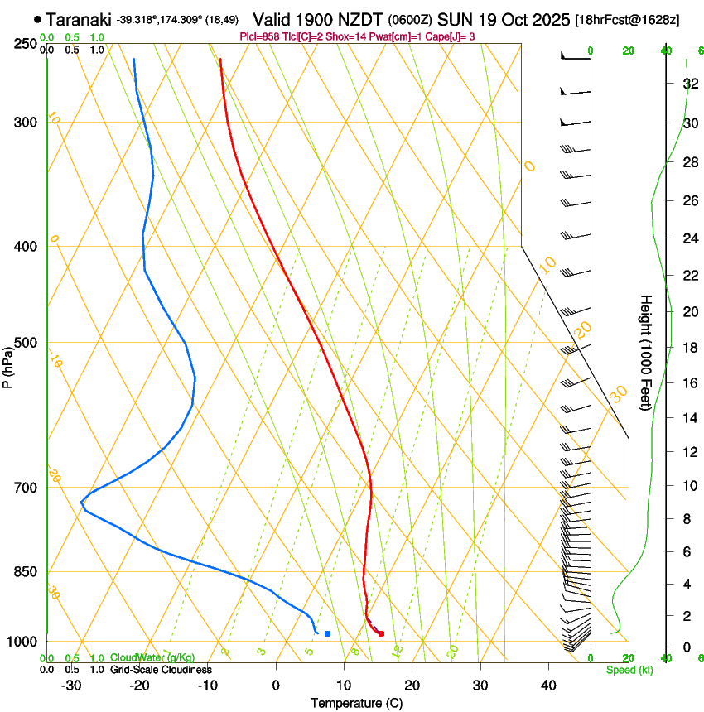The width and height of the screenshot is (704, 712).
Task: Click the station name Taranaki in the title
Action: click(x=78, y=19)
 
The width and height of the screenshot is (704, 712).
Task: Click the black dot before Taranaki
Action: click(x=37, y=19)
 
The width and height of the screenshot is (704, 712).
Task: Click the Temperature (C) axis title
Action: click(x=356, y=703)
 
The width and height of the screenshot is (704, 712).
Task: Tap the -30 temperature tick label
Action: click(x=71, y=685)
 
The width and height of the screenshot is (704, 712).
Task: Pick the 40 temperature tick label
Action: click(x=548, y=685)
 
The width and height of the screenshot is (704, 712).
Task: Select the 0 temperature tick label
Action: click(x=277, y=685)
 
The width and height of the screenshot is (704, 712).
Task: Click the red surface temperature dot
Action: click(x=381, y=634)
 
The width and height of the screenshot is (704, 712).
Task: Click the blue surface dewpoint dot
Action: click(x=328, y=633)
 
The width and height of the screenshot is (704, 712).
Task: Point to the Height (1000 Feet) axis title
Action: click(x=647, y=352)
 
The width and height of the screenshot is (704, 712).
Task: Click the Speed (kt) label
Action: click(x=629, y=670)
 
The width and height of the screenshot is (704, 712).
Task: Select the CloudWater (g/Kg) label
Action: click(x=152, y=658)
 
